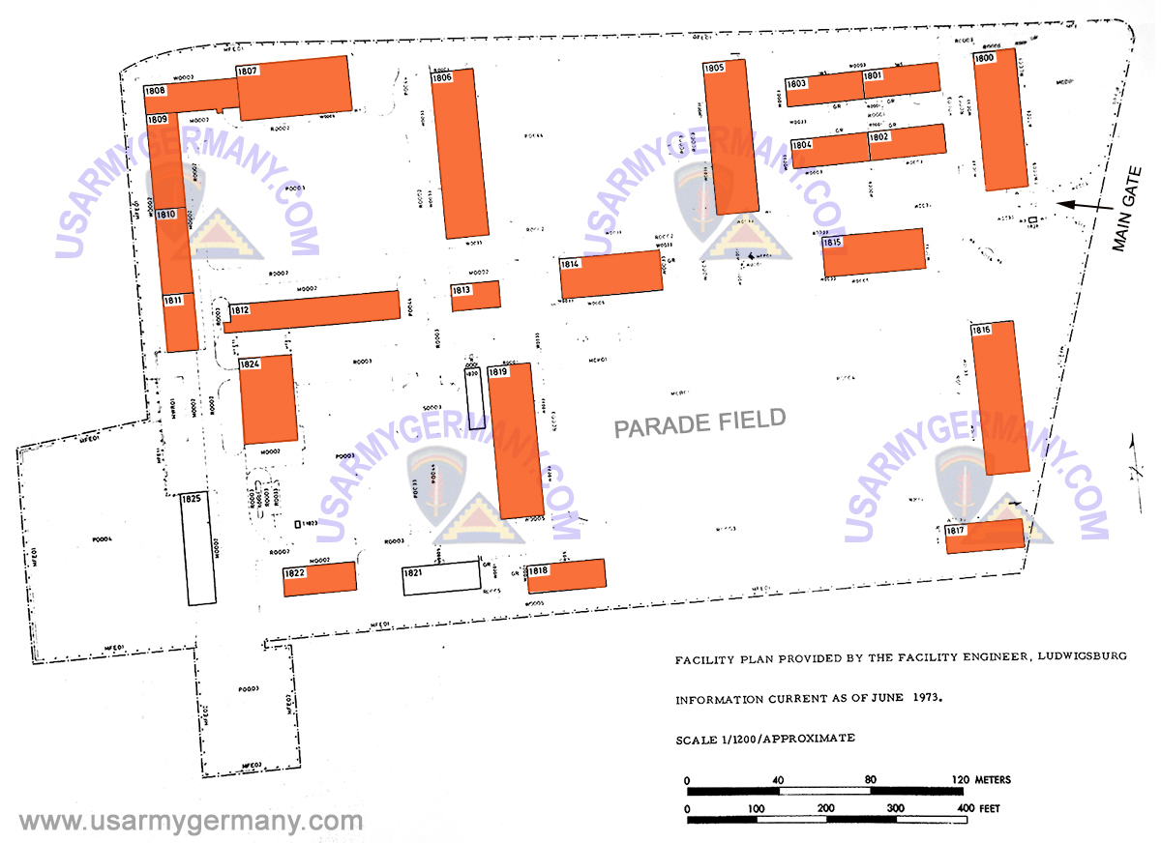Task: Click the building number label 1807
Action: (248, 72)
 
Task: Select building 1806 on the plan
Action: (460, 155)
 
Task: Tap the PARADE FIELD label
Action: (700, 422)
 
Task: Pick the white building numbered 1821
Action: (440, 578)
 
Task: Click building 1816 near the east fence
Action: (999, 397)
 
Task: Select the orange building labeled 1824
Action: (268, 398)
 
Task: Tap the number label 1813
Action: (461, 290)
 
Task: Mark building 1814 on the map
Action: (611, 275)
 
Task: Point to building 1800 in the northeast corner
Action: (1000, 120)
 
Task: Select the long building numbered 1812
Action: (312, 311)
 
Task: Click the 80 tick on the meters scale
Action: (870, 779)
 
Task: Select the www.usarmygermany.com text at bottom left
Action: (191, 822)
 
